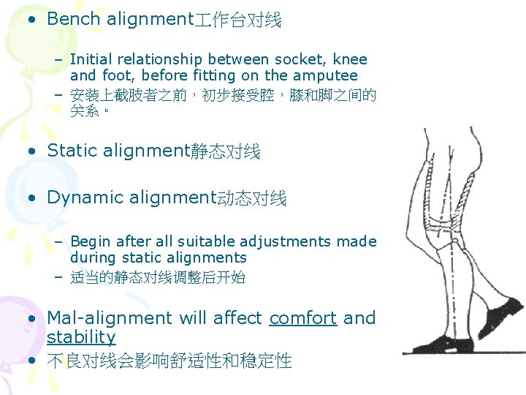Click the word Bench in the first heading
(74, 20)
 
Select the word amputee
(325, 76)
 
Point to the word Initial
(93, 60)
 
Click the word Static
(72, 151)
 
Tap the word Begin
(90, 241)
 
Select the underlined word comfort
(302, 319)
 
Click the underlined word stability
(81, 337)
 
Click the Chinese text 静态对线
(225, 152)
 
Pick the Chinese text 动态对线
(252, 199)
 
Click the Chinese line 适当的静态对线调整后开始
(157, 278)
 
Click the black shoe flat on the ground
(431, 343)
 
